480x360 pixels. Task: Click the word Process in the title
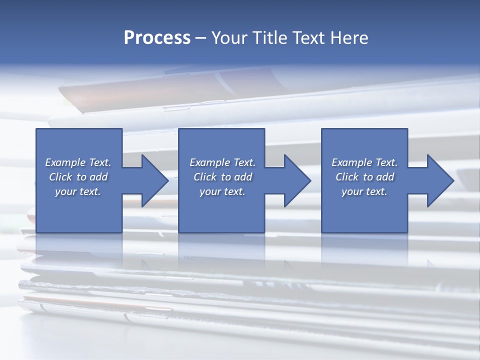[157, 38]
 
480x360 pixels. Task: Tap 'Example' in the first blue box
[65, 162]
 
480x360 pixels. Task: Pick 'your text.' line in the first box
[78, 191]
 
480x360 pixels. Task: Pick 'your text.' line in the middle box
[222, 191]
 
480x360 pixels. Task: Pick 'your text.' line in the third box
[364, 191]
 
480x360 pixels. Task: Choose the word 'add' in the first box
[98, 177]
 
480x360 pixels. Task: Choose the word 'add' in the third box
[385, 177]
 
